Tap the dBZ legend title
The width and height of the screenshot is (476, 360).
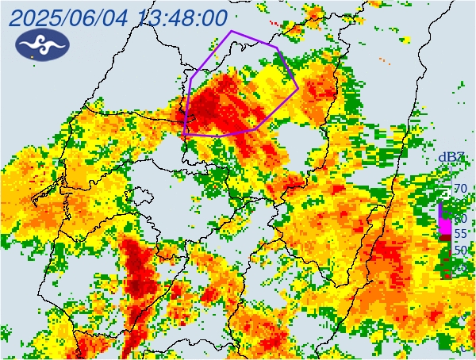[x=452, y=158]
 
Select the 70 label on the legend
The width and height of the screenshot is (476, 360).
[x=459, y=189]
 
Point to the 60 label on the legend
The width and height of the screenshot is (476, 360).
[x=459, y=218]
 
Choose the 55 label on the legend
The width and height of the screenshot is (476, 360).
[x=459, y=234]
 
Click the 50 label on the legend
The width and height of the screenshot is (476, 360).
[x=459, y=250]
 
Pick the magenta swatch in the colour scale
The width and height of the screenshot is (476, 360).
[x=445, y=226]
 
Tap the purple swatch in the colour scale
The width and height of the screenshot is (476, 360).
[x=441, y=211]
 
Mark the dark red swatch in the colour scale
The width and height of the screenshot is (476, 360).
[x=445, y=236]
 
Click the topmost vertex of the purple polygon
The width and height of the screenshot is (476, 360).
[x=231, y=32]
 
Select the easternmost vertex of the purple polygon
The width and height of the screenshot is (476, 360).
[x=298, y=86]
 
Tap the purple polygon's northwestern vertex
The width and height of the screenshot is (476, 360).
[x=191, y=79]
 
